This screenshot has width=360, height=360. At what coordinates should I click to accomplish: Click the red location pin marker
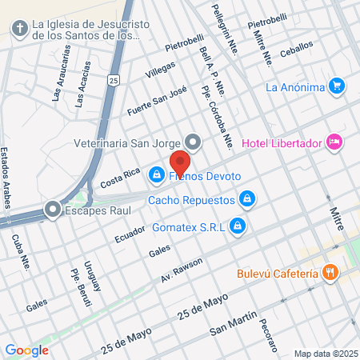tap(180, 162)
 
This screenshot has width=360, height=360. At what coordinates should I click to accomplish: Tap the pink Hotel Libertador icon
tap(334, 142)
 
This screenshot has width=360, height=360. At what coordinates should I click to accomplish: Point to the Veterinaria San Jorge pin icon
tap(191, 142)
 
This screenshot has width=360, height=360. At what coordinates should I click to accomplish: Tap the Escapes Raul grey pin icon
tap(53, 210)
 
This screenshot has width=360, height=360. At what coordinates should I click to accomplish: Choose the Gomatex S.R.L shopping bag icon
tap(237, 227)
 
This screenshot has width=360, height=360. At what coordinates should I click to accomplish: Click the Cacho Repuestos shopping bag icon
tap(248, 198)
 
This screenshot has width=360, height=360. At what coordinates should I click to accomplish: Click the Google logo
tap(26, 350)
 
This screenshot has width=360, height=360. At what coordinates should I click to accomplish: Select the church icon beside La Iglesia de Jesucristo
tap(19, 30)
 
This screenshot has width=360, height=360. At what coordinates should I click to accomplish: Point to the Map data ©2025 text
tap(326, 353)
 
